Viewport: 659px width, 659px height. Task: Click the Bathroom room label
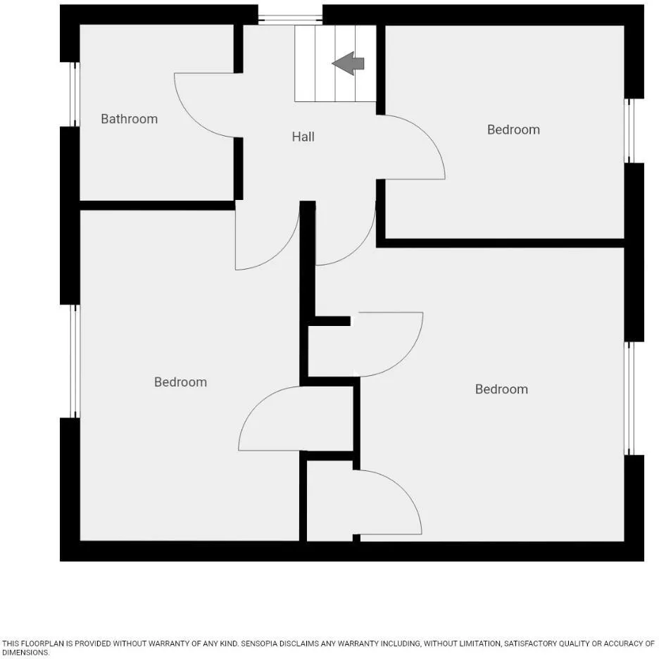(x=130, y=119)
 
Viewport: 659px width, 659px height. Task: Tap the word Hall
(x=303, y=137)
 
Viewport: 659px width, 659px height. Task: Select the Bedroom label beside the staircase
(x=513, y=130)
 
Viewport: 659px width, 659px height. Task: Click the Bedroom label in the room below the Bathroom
(x=180, y=382)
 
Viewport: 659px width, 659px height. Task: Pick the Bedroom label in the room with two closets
(x=501, y=389)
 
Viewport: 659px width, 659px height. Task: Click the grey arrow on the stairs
(x=348, y=63)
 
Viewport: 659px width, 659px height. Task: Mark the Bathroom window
(x=75, y=94)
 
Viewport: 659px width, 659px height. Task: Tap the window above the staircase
(x=290, y=19)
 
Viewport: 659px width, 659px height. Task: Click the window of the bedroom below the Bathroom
(x=75, y=361)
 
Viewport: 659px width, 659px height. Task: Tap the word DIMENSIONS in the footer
(x=25, y=653)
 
